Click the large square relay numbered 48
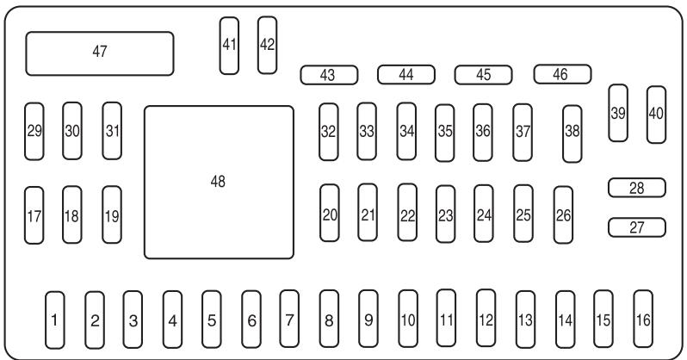pyautogui.click(x=219, y=182)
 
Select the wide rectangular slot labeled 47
pyautogui.click(x=100, y=53)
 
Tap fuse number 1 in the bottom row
pyautogui.click(x=54, y=320)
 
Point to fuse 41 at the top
pyautogui.click(x=229, y=45)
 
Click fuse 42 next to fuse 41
pyautogui.click(x=267, y=45)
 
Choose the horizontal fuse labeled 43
pyautogui.click(x=328, y=75)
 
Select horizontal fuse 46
pyautogui.click(x=561, y=74)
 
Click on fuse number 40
pyautogui.click(x=656, y=113)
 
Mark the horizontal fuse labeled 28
pyautogui.click(x=637, y=187)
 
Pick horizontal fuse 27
pyautogui.click(x=637, y=227)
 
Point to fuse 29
pyautogui.click(x=34, y=131)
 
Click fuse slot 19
pyautogui.click(x=112, y=215)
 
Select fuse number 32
pyautogui.click(x=328, y=132)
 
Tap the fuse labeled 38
pyautogui.click(x=572, y=133)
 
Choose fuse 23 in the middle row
pyautogui.click(x=445, y=215)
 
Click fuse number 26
pyautogui.click(x=563, y=215)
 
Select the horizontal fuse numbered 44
pyautogui.click(x=405, y=75)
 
